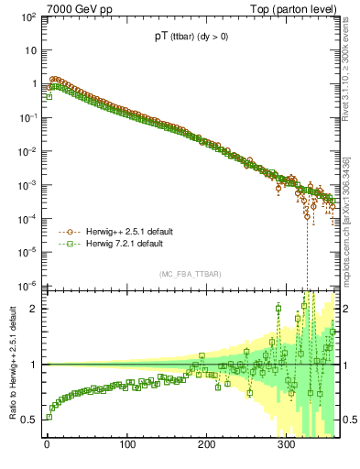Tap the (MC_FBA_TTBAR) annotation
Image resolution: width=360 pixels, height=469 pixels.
tap(188, 275)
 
